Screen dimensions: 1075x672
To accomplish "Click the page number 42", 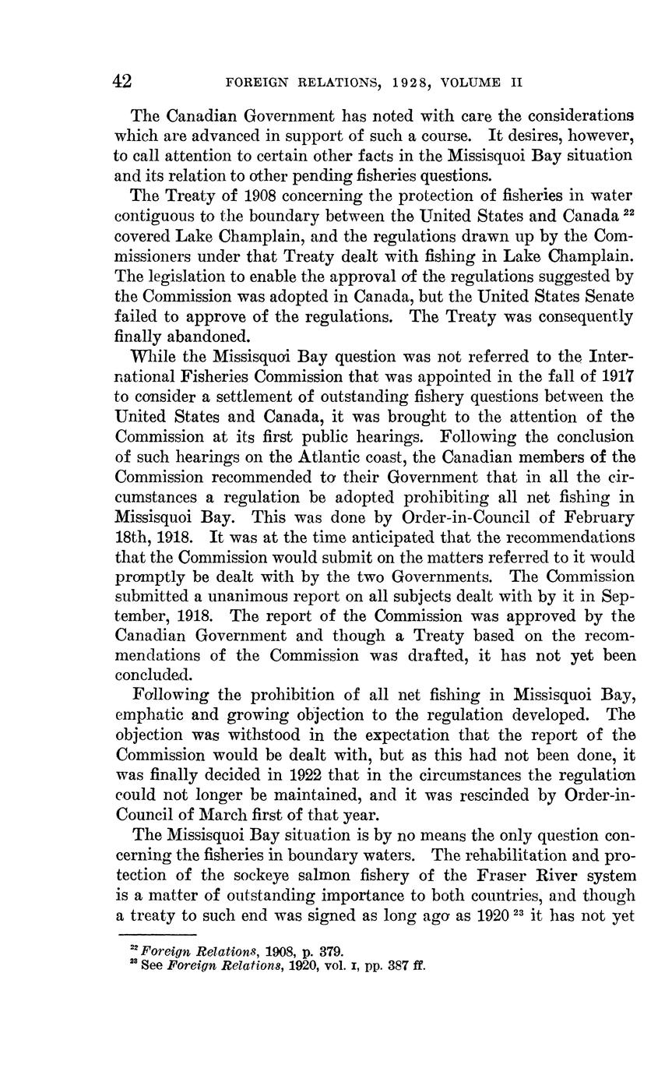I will (x=122, y=82).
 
